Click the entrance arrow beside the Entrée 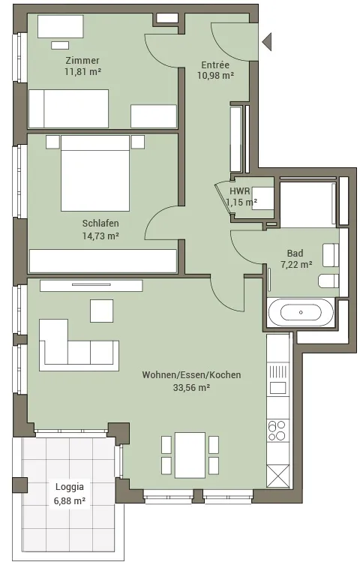coord(267,41)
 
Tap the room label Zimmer coord(82,60)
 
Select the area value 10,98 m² coord(216,75)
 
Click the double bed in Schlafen coord(95,173)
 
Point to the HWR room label coord(240,191)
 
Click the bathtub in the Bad coord(301,312)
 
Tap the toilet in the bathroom coord(328,281)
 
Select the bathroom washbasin coord(331,255)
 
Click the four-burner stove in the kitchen coord(278,431)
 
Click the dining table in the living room coord(190,455)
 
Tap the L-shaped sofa coord(79,345)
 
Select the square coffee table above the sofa coord(101,311)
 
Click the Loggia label coord(70,487)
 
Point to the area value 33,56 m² coord(191,388)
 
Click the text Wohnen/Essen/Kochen coord(191,374)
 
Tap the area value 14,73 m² coord(100,236)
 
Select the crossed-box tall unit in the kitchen coord(278,476)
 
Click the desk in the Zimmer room coord(61,26)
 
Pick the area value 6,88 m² coord(70,500)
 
